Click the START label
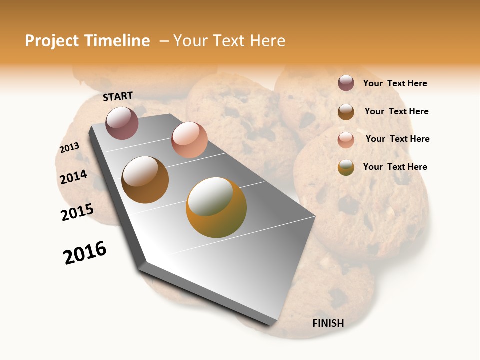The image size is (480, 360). (118, 96)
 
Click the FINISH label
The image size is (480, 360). (328, 323)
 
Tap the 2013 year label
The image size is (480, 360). (69, 147)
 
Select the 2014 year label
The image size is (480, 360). (73, 177)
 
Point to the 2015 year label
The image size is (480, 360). (77, 212)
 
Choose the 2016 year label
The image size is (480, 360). (85, 253)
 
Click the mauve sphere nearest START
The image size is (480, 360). (122, 123)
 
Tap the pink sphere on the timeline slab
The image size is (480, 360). (189, 140)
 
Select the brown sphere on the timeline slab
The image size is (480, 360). (145, 180)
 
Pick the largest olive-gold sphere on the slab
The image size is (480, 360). (216, 207)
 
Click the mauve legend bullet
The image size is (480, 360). (346, 83)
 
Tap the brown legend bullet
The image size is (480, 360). (346, 112)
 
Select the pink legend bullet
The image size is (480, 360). (346, 140)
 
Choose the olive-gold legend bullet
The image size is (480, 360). (346, 167)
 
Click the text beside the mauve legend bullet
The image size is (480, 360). (395, 84)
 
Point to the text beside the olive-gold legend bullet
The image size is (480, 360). (395, 167)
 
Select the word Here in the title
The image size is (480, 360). (267, 41)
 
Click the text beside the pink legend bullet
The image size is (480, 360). (397, 139)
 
